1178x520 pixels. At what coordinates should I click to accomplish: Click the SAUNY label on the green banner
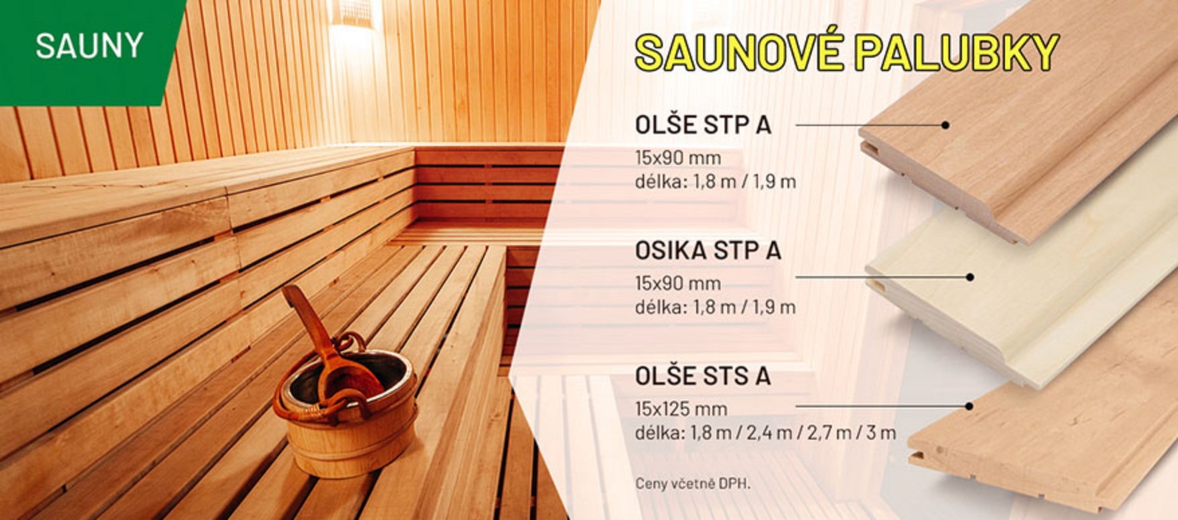point(89,46)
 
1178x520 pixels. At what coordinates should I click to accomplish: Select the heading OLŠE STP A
point(703,125)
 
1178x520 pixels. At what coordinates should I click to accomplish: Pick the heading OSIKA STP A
point(708,251)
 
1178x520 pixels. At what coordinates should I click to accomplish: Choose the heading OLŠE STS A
point(703,376)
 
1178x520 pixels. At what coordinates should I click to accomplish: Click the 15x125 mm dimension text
point(681,409)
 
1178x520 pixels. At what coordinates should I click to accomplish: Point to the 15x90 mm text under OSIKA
point(678,283)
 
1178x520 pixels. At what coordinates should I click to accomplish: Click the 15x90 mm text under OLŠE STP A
point(678,158)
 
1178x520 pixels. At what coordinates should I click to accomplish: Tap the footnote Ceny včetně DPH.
point(693,483)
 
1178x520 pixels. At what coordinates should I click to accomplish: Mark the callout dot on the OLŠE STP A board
point(945,125)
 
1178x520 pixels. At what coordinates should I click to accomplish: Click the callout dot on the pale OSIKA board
point(969,277)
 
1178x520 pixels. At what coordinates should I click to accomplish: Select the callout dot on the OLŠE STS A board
point(969,406)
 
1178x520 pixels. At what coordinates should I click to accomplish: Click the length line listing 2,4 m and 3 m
point(765,433)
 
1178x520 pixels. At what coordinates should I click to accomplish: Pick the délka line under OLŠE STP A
point(716,182)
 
